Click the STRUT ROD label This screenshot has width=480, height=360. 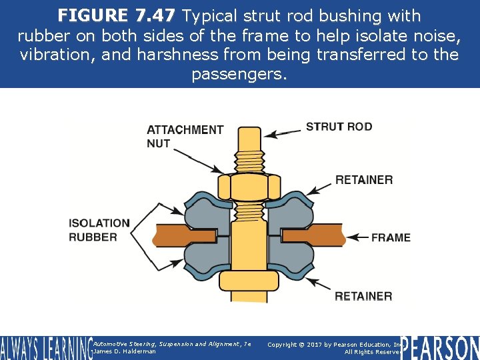tap(339, 127)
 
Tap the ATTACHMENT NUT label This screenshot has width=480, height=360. tap(185, 136)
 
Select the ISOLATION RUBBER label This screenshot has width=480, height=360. tap(99, 230)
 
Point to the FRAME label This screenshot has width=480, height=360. tap(391, 237)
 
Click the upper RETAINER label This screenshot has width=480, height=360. tap(363, 180)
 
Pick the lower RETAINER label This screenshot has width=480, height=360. tap(363, 296)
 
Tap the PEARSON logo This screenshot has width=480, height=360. tap(440, 347)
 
